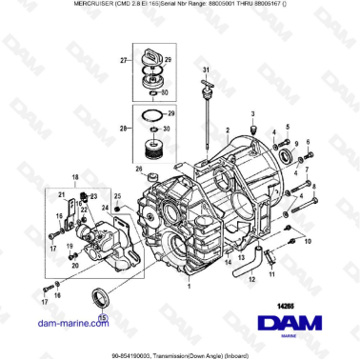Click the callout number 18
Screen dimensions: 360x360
(x=75, y=177)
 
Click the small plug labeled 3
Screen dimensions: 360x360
(x=253, y=130)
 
